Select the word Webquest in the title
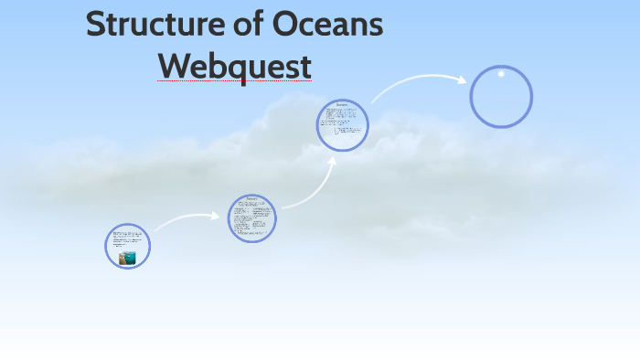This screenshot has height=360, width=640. [x=234, y=66]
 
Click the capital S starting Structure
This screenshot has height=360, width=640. [x=96, y=25]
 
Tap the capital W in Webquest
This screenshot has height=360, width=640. [x=174, y=66]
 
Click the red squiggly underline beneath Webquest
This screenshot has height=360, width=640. [x=234, y=81]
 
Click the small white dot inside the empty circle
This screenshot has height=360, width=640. [x=501, y=74]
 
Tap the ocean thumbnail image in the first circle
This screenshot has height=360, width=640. [x=127, y=258]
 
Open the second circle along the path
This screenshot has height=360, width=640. [x=251, y=218]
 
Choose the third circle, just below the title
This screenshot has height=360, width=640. [x=342, y=125]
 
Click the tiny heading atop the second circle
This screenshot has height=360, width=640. [x=251, y=198]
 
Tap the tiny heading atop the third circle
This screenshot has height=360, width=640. [x=342, y=105]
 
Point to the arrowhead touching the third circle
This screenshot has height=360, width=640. [x=332, y=161]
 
